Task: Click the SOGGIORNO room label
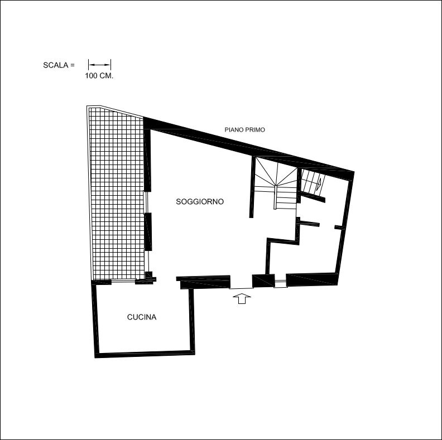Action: (200, 202)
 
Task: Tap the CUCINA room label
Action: (142, 317)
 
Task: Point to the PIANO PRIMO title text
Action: (244, 129)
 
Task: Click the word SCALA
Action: (56, 65)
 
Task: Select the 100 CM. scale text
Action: (99, 76)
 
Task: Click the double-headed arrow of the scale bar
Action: (99, 65)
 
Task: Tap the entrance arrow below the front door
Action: (242, 298)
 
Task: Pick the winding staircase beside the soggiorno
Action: (276, 185)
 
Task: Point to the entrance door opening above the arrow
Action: (241, 288)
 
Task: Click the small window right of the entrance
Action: (281, 283)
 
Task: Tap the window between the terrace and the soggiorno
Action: (146, 202)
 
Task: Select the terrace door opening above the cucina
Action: (123, 280)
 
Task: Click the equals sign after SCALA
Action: (73, 65)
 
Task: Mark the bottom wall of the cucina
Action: (145, 354)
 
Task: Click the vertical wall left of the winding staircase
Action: (252, 187)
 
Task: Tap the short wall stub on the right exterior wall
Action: (340, 228)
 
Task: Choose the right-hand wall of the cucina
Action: (191, 321)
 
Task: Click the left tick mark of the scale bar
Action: (89, 65)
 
